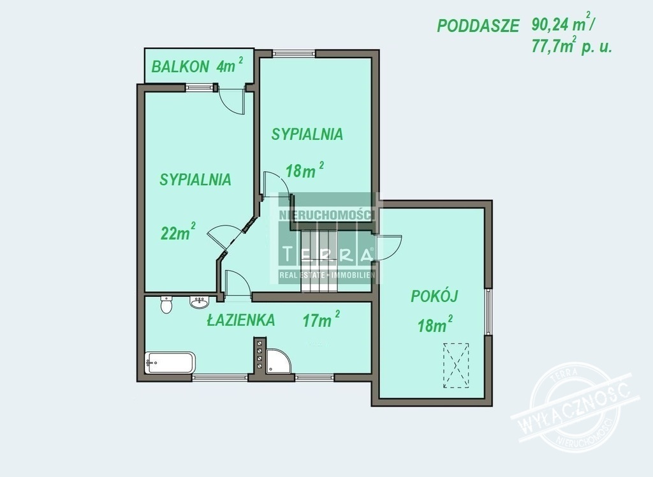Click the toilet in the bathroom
point(166,305)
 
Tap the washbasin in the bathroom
point(200,302)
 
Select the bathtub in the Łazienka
point(170,363)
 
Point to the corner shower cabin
point(278,360)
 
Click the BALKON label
point(180,66)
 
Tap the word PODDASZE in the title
point(478,26)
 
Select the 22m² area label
point(178,231)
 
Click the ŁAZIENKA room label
point(241,320)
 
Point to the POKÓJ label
point(434,296)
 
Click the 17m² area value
point(321,319)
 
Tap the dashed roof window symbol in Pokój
point(456,365)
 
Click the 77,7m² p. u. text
point(571,45)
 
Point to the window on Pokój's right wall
point(488,311)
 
